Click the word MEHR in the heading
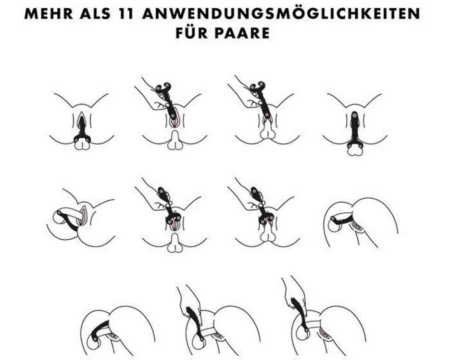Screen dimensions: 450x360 pyautogui.click(x=49, y=13)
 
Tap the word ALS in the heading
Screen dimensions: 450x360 pyautogui.click(x=95, y=13)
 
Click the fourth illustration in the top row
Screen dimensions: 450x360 pyautogui.click(x=355, y=124)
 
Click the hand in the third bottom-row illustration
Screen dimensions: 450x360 pyautogui.click(x=294, y=296)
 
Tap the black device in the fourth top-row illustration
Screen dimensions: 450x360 pyautogui.click(x=355, y=129)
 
